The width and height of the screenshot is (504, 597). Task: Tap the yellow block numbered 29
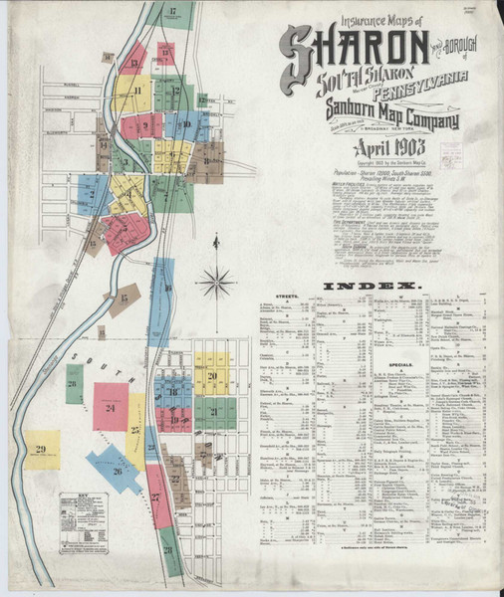pos(41,450)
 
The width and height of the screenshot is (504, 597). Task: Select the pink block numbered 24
pos(111,406)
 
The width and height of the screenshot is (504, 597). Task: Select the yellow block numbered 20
pos(212,375)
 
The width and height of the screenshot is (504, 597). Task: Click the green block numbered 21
pos(215,411)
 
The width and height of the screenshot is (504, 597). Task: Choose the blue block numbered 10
pos(187,125)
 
